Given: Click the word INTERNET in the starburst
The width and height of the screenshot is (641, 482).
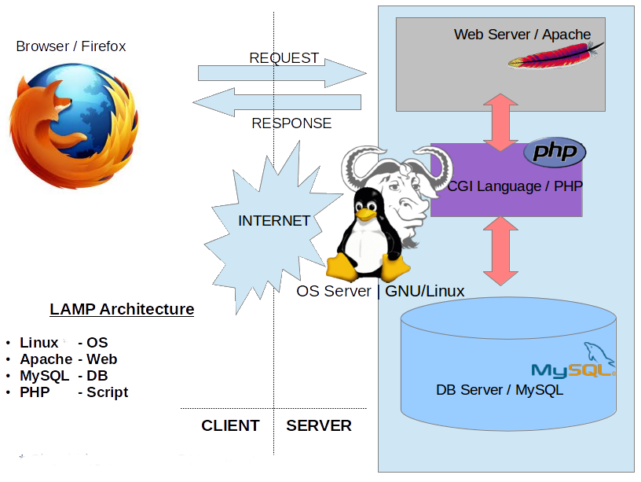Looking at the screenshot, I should click(x=274, y=221).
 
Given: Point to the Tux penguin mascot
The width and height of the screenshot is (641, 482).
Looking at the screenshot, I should click(x=364, y=236).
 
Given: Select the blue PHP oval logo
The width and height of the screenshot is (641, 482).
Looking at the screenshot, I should click(x=555, y=152).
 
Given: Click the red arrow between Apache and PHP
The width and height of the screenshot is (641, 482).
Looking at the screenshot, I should click(x=500, y=123).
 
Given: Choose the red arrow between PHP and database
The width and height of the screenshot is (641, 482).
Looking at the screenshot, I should click(x=500, y=251).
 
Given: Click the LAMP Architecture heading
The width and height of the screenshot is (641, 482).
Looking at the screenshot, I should click(x=122, y=309).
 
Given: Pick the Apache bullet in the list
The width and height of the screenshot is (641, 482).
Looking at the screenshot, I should click(x=68, y=359).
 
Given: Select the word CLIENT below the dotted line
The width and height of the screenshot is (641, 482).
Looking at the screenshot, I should click(x=230, y=426).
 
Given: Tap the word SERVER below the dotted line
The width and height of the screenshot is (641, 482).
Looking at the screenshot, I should click(x=319, y=426).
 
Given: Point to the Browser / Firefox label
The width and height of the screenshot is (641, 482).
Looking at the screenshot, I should click(x=71, y=46).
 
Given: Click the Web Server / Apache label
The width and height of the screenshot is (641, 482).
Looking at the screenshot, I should click(x=522, y=35).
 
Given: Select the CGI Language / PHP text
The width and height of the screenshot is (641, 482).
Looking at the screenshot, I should click(x=515, y=186).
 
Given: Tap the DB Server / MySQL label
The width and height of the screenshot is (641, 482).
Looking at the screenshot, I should click(x=500, y=389).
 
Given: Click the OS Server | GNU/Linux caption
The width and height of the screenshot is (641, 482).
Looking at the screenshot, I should click(x=380, y=291).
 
